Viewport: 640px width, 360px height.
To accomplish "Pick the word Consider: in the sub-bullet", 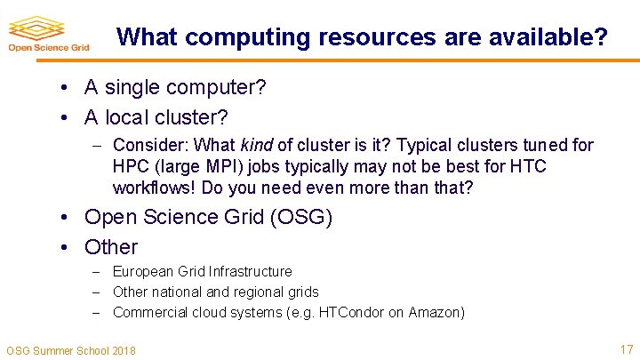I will tap(149, 145).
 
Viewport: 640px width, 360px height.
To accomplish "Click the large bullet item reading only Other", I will tap(111, 247).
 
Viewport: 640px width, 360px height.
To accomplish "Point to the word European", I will tap(143, 271).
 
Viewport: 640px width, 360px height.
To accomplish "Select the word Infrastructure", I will tap(248, 271).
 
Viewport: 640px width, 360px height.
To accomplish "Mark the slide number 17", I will tap(626, 348).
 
